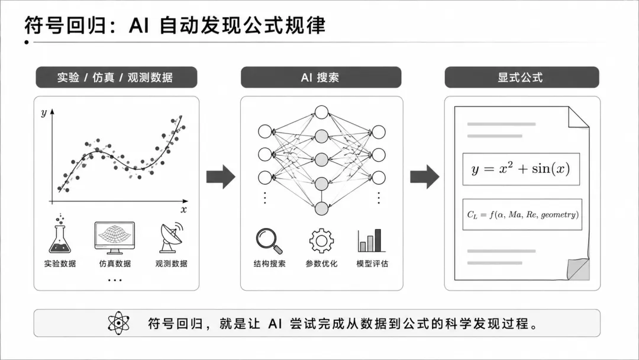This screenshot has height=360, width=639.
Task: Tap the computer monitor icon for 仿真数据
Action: tap(115, 238)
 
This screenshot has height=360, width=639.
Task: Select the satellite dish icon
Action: tap(171, 237)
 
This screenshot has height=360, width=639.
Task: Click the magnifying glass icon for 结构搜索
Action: tap(269, 240)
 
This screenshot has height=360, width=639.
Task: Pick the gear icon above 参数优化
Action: tap(321, 240)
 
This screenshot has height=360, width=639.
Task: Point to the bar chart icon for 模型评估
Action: tap(371, 240)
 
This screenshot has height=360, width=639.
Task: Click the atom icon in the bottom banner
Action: tap(118, 323)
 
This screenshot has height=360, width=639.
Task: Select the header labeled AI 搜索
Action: tap(321, 77)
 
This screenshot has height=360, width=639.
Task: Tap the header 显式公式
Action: tap(522, 77)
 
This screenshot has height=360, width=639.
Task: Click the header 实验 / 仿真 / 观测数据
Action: tap(117, 77)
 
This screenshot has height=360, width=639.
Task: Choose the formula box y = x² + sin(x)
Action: tap(521, 169)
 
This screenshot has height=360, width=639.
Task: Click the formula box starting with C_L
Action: tap(522, 214)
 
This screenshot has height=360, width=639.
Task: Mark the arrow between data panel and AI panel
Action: tap(221, 177)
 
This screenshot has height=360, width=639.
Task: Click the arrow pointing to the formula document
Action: tap(425, 177)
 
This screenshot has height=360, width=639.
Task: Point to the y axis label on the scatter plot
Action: tap(44, 112)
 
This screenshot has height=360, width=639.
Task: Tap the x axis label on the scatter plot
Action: tap(184, 210)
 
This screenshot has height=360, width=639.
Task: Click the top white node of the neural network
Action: tap(321, 112)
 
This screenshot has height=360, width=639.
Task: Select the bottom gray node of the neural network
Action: tap(321, 209)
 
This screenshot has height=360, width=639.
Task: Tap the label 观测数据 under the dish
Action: tap(171, 263)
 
